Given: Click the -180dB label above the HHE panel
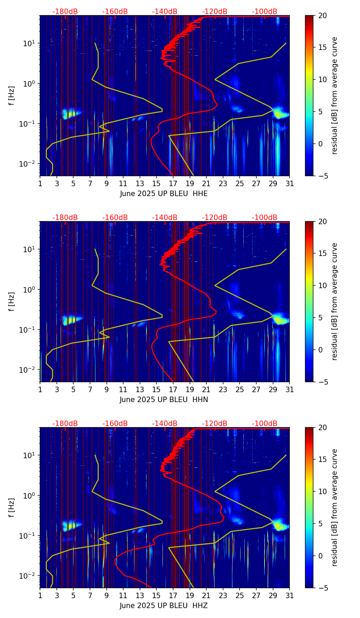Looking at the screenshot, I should point(65,12).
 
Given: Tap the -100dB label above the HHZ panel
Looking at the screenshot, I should point(265,424).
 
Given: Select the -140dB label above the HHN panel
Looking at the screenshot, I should point(165,218).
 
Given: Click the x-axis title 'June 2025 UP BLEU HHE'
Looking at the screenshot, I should point(164,194).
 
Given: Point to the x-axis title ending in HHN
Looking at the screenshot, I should point(164,400).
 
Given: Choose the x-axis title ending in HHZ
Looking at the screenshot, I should point(164,606).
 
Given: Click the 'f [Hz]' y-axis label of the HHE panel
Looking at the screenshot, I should point(12,95).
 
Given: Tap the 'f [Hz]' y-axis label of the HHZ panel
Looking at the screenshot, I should point(12,507).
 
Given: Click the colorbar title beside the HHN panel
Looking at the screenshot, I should point(335,301).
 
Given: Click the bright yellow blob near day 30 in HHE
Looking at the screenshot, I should point(281,113).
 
